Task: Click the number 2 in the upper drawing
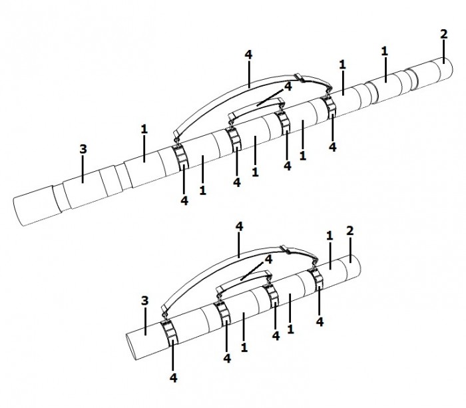coord(443,34)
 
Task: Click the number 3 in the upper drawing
coord(83,149)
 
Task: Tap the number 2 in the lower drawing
coord(350,231)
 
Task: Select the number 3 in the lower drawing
coord(144,301)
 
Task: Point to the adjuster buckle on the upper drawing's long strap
coord(300,78)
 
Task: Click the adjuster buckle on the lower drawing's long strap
coord(286,250)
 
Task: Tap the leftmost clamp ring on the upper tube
coord(180,158)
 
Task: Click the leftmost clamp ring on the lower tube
coord(169,333)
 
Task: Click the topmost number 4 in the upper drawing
coord(248,55)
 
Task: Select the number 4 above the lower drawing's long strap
coord(239,227)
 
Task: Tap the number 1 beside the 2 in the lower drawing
coord(330,236)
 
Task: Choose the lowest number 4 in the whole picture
coord(174,378)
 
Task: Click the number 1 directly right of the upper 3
coord(144,129)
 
